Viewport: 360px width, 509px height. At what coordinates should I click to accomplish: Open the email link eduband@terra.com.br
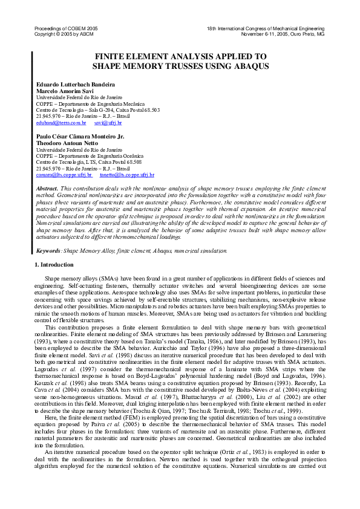tap(61, 122)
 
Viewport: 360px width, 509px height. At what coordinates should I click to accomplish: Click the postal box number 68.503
tap(151, 109)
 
